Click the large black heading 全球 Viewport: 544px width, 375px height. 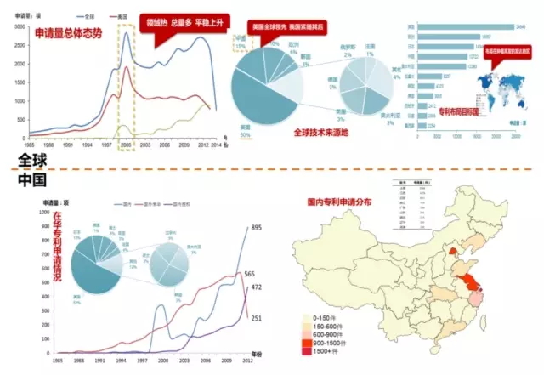pos(31,159)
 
